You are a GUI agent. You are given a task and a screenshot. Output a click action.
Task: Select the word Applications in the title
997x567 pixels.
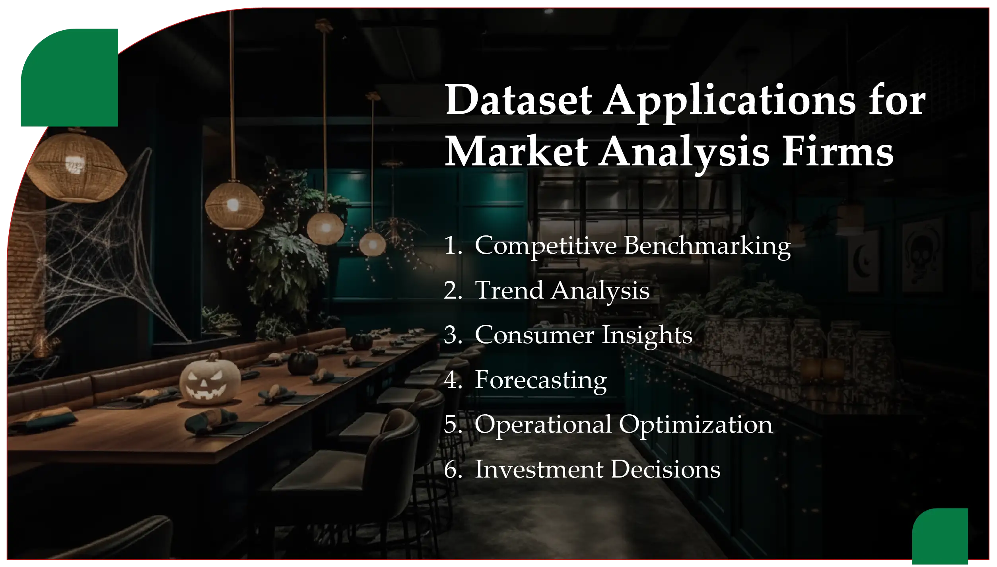729,101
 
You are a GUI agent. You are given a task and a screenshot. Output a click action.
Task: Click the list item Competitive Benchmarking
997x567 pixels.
632,246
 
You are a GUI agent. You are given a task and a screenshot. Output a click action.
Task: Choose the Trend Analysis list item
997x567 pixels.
562,291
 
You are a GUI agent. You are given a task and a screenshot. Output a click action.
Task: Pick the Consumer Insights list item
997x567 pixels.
583,335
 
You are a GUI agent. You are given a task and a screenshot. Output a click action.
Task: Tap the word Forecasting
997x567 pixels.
541,380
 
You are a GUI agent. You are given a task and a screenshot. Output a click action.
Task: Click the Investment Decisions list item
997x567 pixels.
597,470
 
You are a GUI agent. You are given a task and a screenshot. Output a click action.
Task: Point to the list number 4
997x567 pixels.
452,380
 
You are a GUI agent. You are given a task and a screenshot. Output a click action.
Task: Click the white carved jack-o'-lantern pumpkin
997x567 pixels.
210,382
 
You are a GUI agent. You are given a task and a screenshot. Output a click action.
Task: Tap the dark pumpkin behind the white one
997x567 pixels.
303,362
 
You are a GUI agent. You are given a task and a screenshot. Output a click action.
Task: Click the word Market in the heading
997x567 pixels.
516,152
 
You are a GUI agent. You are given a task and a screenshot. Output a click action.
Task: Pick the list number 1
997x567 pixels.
452,246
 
